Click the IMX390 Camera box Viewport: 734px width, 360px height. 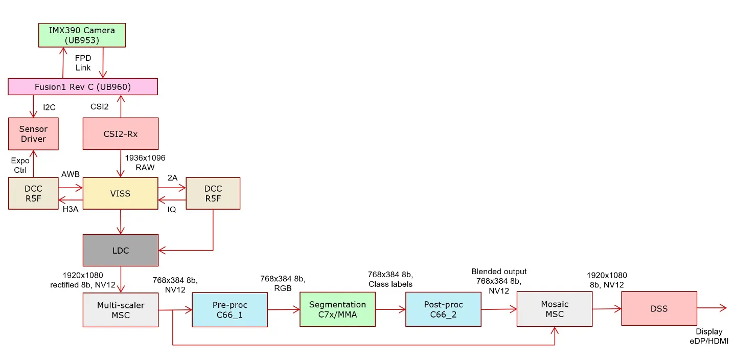tap(82, 35)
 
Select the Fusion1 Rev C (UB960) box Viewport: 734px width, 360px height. tap(83, 87)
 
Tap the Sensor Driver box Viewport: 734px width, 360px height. tap(33, 134)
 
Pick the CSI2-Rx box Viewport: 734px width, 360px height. tap(121, 134)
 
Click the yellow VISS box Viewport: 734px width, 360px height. tap(121, 194)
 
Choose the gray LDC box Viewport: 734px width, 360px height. tap(121, 251)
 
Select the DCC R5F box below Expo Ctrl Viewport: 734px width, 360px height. tap(33, 194)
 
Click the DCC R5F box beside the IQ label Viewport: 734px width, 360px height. tap(213, 194)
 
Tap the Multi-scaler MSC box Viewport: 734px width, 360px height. tap(121, 310)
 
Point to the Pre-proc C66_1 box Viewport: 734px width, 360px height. tap(230, 310)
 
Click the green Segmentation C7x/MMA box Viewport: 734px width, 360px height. tap(337, 310)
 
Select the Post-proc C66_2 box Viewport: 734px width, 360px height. tap(443, 310)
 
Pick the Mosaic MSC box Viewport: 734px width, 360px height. tap(555, 309)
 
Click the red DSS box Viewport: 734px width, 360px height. tap(659, 309)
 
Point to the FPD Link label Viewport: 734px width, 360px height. tap(83, 63)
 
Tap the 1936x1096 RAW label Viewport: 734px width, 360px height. tap(145, 162)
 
